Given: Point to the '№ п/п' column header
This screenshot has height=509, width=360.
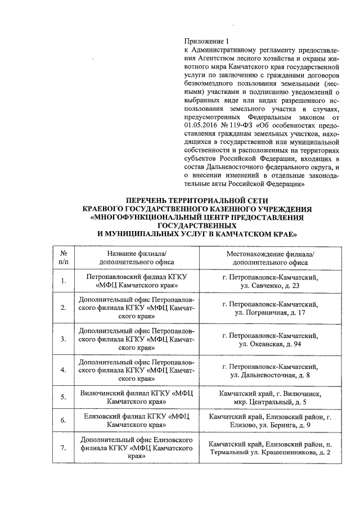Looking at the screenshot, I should [x=64, y=257].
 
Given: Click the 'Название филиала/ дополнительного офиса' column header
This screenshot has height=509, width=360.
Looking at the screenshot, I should [x=137, y=257].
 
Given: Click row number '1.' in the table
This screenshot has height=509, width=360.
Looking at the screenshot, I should [x=64, y=282].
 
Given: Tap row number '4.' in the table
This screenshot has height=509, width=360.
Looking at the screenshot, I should [x=64, y=370].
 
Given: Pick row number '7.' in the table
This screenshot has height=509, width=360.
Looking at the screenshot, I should [x=64, y=448].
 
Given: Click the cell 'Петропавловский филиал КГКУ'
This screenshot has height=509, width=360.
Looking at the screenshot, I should [x=137, y=277].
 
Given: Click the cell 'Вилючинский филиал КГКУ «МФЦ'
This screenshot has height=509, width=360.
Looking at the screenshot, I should [x=137, y=394].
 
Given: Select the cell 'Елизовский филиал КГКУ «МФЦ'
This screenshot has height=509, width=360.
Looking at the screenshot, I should [x=137, y=416].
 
